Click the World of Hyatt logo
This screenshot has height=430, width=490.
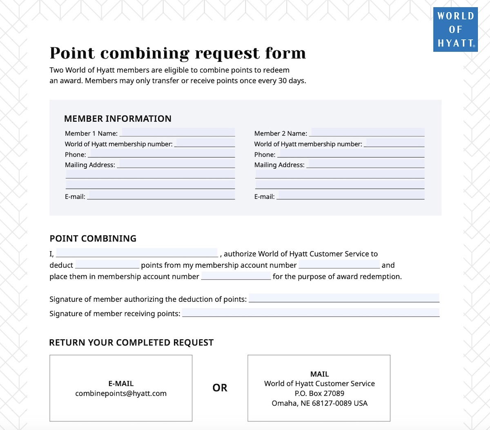click(x=455, y=29)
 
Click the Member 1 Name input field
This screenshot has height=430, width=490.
click(x=178, y=133)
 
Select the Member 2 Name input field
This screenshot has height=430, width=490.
click(x=367, y=133)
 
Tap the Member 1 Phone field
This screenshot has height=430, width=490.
click(x=161, y=154)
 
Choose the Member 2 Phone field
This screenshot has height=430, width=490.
click(x=351, y=154)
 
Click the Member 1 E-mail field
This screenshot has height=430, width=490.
click(x=161, y=196)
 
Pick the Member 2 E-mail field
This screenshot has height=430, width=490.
click(x=351, y=196)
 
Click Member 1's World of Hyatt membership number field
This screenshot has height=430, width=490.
click(x=205, y=143)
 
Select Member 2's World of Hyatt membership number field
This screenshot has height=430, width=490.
click(x=394, y=143)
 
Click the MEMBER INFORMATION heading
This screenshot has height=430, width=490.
click(x=118, y=119)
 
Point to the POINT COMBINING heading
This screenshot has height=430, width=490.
click(x=93, y=238)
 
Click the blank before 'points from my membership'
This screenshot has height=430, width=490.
click(x=107, y=265)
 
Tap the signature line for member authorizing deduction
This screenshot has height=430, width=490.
click(x=344, y=299)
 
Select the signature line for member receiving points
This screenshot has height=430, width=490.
click(x=311, y=313)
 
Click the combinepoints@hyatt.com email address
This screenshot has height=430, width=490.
click(x=121, y=394)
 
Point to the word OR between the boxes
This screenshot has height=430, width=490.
click(x=220, y=388)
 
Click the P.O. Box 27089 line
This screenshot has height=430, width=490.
click(x=319, y=393)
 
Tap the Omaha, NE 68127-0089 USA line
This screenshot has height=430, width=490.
click(x=319, y=403)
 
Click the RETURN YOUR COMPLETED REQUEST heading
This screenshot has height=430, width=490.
click(x=131, y=343)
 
